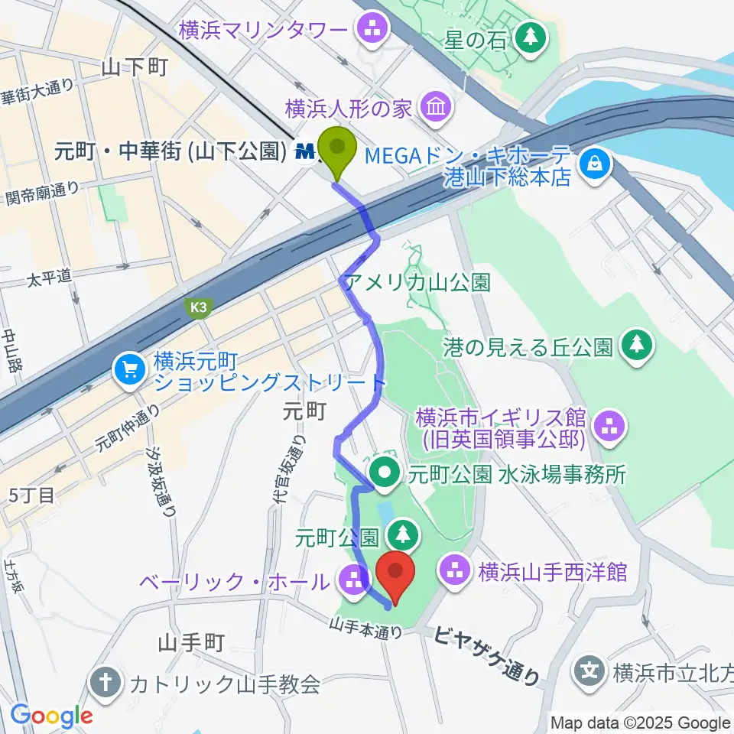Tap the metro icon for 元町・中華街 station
[306, 153]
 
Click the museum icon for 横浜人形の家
[435, 107]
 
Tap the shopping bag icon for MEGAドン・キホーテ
[594, 162]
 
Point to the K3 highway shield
[200, 307]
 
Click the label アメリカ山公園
[417, 282]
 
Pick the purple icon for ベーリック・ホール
[352, 581]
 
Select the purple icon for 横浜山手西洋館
[456, 571]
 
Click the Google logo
[51, 716]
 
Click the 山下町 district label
[134, 67]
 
